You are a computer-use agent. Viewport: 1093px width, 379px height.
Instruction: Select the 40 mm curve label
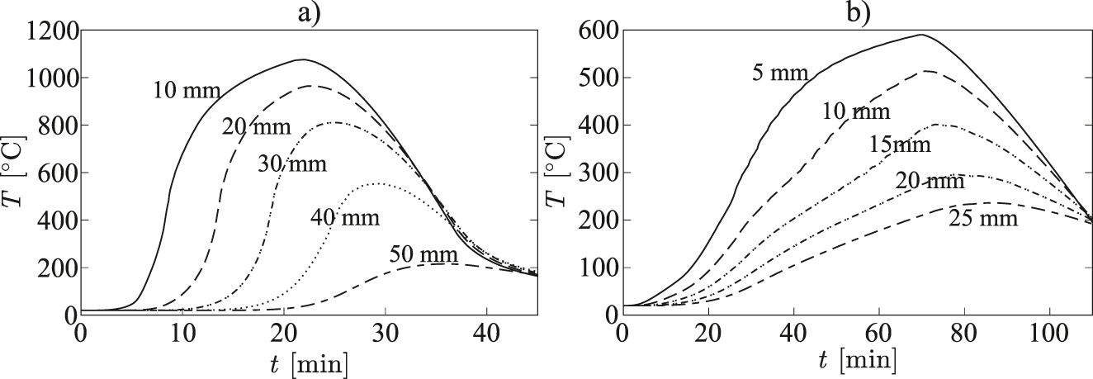click(x=345, y=218)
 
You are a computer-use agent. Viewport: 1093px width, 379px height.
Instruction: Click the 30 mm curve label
click(x=292, y=163)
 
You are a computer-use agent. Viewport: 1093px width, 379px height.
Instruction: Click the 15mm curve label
click(x=900, y=145)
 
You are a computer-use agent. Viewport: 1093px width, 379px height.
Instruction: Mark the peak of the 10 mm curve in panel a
click(x=303, y=59)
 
